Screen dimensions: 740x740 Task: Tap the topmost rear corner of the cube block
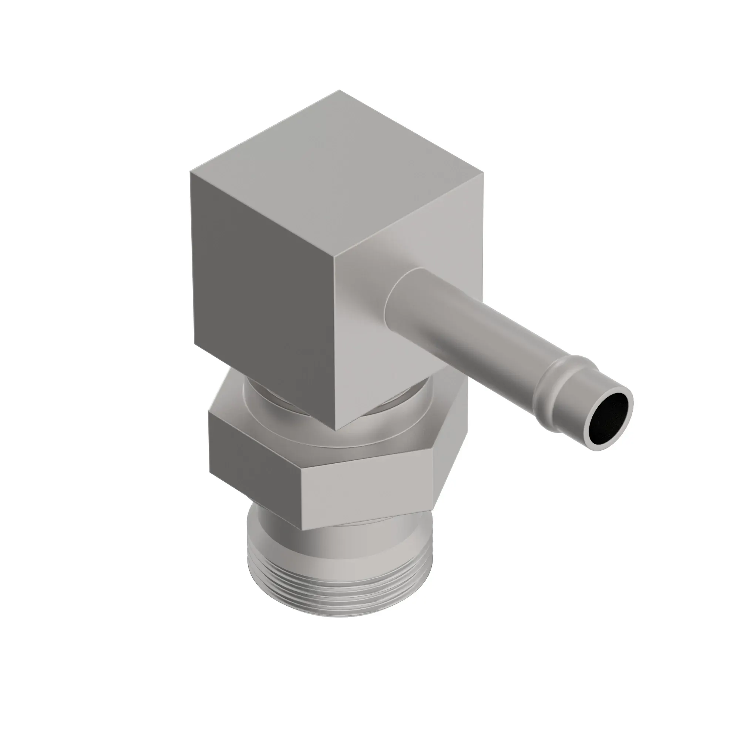(339, 91)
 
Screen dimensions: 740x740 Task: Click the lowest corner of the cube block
(336, 430)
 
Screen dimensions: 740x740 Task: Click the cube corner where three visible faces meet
(334, 258)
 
